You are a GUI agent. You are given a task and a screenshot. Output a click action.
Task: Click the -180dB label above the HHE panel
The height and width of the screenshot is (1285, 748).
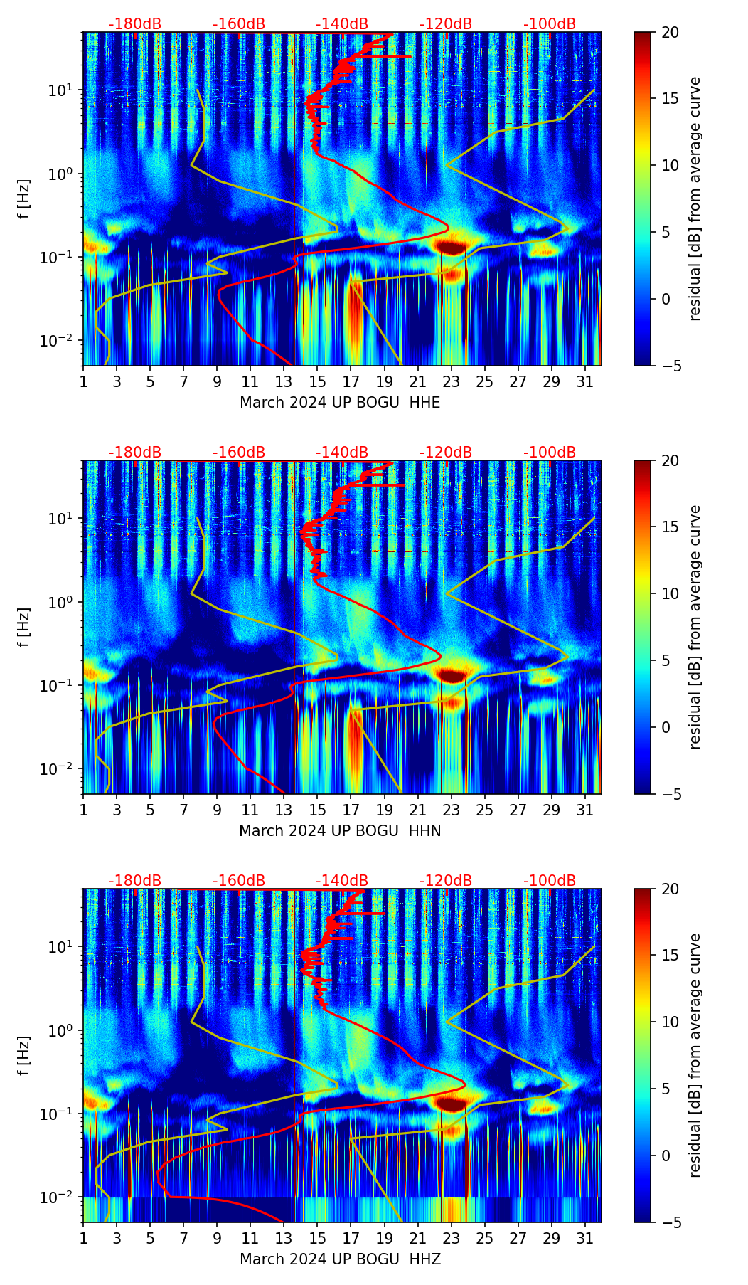pyautogui.click(x=135, y=24)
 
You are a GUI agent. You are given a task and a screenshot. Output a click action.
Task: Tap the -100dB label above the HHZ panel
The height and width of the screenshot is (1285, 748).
pyautogui.click(x=550, y=881)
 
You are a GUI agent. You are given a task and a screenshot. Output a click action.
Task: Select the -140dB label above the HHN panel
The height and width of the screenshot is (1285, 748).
pyautogui.click(x=342, y=453)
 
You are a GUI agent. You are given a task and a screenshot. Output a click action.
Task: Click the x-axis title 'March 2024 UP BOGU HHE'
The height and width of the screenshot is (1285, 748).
pyautogui.click(x=340, y=403)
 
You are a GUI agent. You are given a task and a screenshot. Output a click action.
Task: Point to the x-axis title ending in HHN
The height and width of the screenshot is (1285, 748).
pyautogui.click(x=340, y=831)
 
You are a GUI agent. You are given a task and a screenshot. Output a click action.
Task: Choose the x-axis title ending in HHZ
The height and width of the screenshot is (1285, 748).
pyautogui.click(x=340, y=1259)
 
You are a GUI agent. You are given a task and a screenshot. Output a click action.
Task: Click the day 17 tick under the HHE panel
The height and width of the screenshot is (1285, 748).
pyautogui.click(x=351, y=381)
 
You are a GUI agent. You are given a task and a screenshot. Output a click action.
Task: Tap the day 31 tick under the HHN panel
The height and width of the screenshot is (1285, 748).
pyautogui.click(x=585, y=810)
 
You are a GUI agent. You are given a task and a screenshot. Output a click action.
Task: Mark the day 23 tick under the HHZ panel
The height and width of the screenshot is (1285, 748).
pyautogui.click(x=451, y=1238)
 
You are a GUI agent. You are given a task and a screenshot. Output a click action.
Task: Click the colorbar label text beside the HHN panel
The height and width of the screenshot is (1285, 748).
pyautogui.click(x=695, y=627)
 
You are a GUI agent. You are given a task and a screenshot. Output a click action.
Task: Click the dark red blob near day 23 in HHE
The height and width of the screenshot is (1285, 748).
pyautogui.click(x=451, y=248)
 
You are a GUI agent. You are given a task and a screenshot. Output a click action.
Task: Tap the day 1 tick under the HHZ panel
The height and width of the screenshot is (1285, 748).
pyautogui.click(x=84, y=1238)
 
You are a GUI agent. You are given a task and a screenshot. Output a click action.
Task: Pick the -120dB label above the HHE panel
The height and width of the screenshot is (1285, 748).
pyautogui.click(x=446, y=24)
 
